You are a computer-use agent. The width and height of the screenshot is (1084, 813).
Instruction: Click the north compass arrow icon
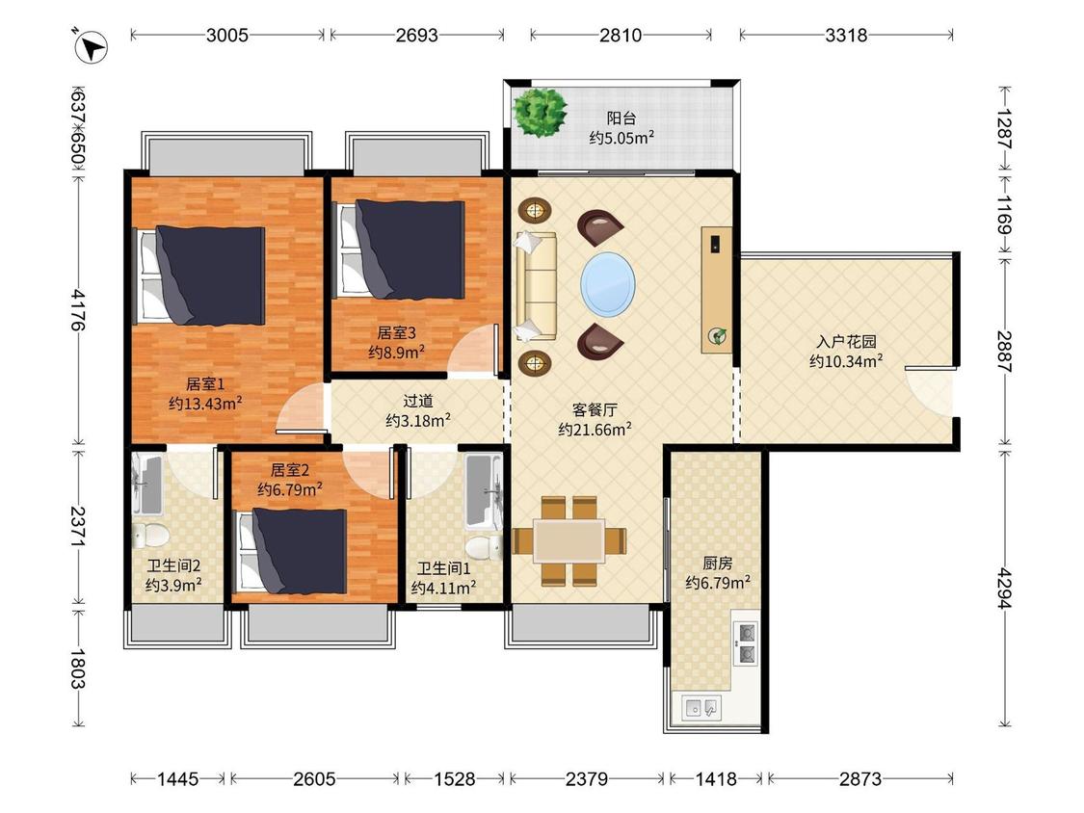click(92, 47)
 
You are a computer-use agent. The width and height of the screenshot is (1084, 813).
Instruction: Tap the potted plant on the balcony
click(540, 112)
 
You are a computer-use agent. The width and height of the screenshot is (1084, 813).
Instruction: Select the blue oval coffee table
click(608, 284)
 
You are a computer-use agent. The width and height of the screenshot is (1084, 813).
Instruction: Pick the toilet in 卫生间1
click(484, 547)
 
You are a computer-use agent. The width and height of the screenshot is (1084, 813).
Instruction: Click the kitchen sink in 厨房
click(701, 708)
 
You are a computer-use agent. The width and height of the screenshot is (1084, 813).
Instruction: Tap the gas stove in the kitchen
click(746, 643)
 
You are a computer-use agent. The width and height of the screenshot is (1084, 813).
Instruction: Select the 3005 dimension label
click(226, 35)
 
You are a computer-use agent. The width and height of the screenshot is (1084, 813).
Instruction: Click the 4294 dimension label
click(1004, 589)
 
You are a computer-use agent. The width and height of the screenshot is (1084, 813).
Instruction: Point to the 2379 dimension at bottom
click(586, 779)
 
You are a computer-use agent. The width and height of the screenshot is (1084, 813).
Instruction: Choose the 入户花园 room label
click(846, 342)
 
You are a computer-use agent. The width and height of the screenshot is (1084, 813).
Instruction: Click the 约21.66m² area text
click(595, 430)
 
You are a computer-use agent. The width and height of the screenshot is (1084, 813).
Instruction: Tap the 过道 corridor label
click(418, 401)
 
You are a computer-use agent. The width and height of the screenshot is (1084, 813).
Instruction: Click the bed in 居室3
click(400, 249)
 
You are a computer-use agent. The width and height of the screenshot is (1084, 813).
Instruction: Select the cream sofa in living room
click(536, 285)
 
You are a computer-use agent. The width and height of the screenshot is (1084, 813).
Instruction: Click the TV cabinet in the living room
click(716, 290)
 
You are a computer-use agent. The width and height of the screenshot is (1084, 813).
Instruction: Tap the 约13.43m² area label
click(205, 403)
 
